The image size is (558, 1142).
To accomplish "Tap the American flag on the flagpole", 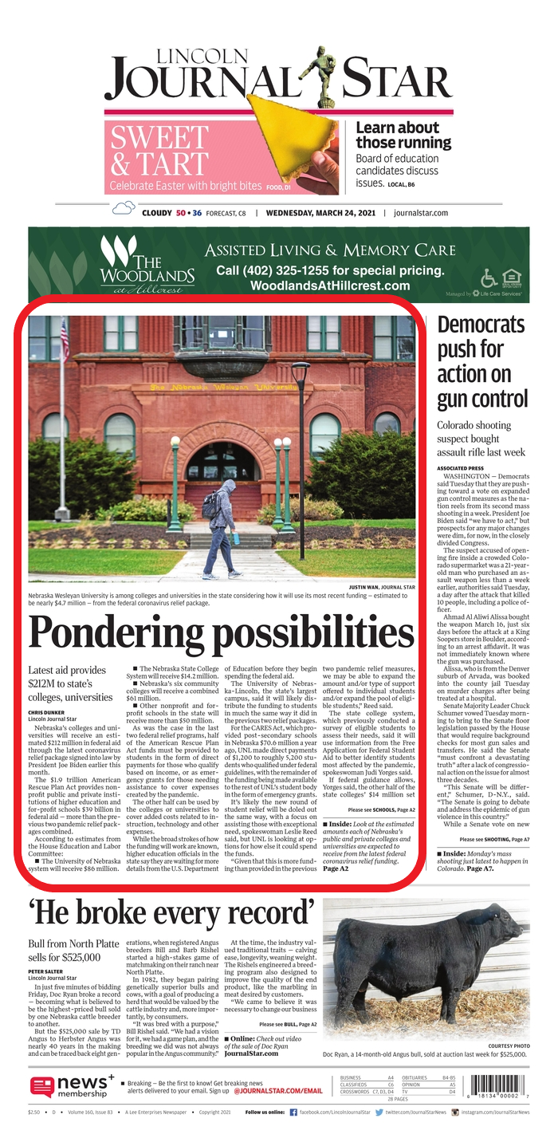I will point(65,340).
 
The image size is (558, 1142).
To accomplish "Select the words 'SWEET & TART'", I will point(159,152).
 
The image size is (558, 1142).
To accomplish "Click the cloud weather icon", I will point(124,210).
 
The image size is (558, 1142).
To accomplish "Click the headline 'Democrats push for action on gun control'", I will point(481,361).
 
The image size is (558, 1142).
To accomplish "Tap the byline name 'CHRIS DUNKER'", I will point(47,711).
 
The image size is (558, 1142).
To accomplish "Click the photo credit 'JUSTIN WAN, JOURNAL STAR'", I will point(382,587).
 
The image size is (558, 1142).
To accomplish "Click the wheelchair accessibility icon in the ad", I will point(489,277).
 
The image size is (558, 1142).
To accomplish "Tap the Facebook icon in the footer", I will point(293,1112).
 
